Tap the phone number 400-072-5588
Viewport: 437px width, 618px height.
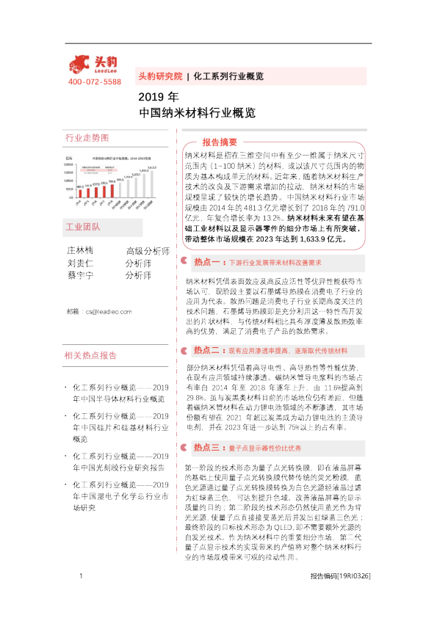pos(95,81)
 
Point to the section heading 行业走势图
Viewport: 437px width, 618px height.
pos(87,138)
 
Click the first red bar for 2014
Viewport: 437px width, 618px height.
pos(79,192)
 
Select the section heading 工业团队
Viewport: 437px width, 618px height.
pos(82,228)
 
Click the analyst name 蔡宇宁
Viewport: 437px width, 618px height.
pos(82,276)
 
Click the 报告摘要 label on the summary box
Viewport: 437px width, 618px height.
pos(219,142)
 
